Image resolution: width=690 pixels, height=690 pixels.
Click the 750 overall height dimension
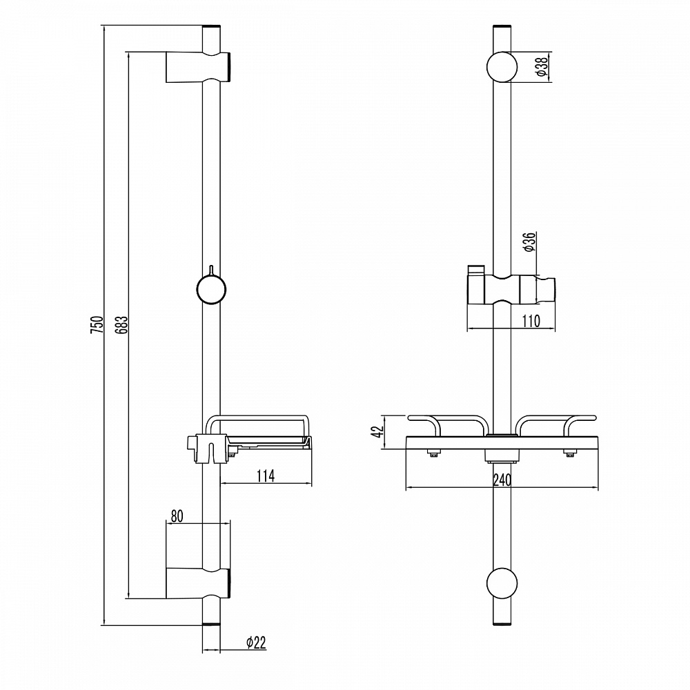(97, 324)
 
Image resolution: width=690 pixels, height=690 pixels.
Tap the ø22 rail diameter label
(256, 642)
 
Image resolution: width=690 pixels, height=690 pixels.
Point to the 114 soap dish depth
(266, 475)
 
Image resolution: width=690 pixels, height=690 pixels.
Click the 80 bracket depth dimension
(177, 515)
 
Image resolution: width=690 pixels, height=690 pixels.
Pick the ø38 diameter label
(542, 66)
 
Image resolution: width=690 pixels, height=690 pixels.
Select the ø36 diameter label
(529, 242)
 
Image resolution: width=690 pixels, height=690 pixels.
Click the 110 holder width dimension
(531, 322)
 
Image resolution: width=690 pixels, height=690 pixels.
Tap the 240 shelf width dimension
(502, 480)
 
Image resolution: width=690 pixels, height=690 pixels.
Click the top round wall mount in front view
(502, 67)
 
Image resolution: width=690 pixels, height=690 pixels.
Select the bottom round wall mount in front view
(502, 583)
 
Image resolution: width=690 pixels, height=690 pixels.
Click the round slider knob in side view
(211, 290)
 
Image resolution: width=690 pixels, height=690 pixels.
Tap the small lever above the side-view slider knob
(211, 270)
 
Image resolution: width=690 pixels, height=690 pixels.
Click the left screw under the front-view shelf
(433, 453)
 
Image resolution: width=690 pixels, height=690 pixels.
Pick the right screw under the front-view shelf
(571, 453)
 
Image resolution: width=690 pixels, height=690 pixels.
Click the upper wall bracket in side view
(198, 67)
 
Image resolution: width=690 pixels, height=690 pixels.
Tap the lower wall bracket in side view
(198, 583)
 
